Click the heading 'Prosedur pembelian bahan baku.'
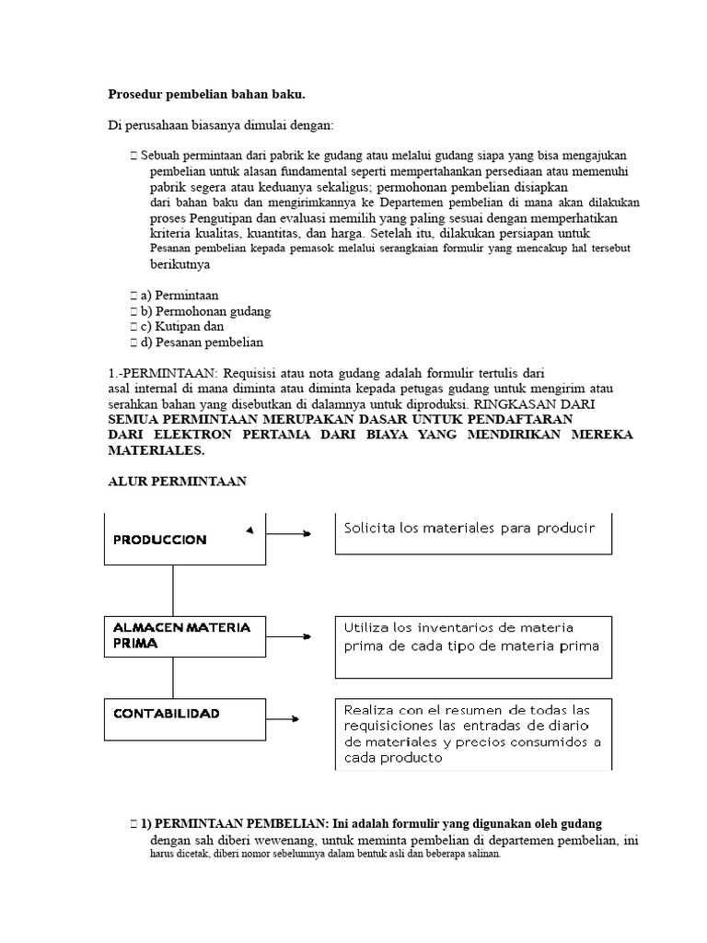[x=206, y=94]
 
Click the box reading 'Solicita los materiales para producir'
[x=473, y=530]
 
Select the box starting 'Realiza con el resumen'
[x=473, y=734]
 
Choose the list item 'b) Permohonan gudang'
[x=206, y=311]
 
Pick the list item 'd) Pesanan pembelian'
[x=203, y=342]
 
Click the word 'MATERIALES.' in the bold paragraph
[x=156, y=450]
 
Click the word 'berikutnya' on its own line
[x=180, y=264]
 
